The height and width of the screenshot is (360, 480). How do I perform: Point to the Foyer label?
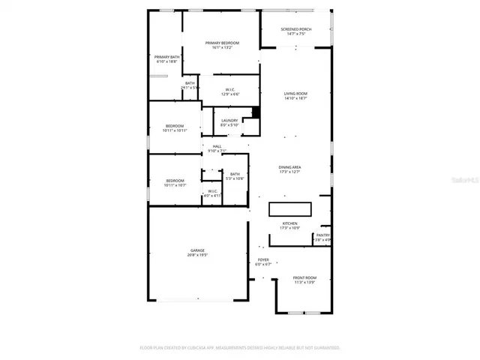[x=263, y=262]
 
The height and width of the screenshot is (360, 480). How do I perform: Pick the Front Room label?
[x=304, y=280]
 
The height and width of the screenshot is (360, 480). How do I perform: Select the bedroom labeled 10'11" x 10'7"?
[x=175, y=182]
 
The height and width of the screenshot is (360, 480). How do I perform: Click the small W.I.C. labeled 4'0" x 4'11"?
[x=213, y=193]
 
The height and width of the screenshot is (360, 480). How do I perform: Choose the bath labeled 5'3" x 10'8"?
[x=235, y=176]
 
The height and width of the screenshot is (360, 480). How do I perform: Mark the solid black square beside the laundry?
[x=256, y=112]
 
